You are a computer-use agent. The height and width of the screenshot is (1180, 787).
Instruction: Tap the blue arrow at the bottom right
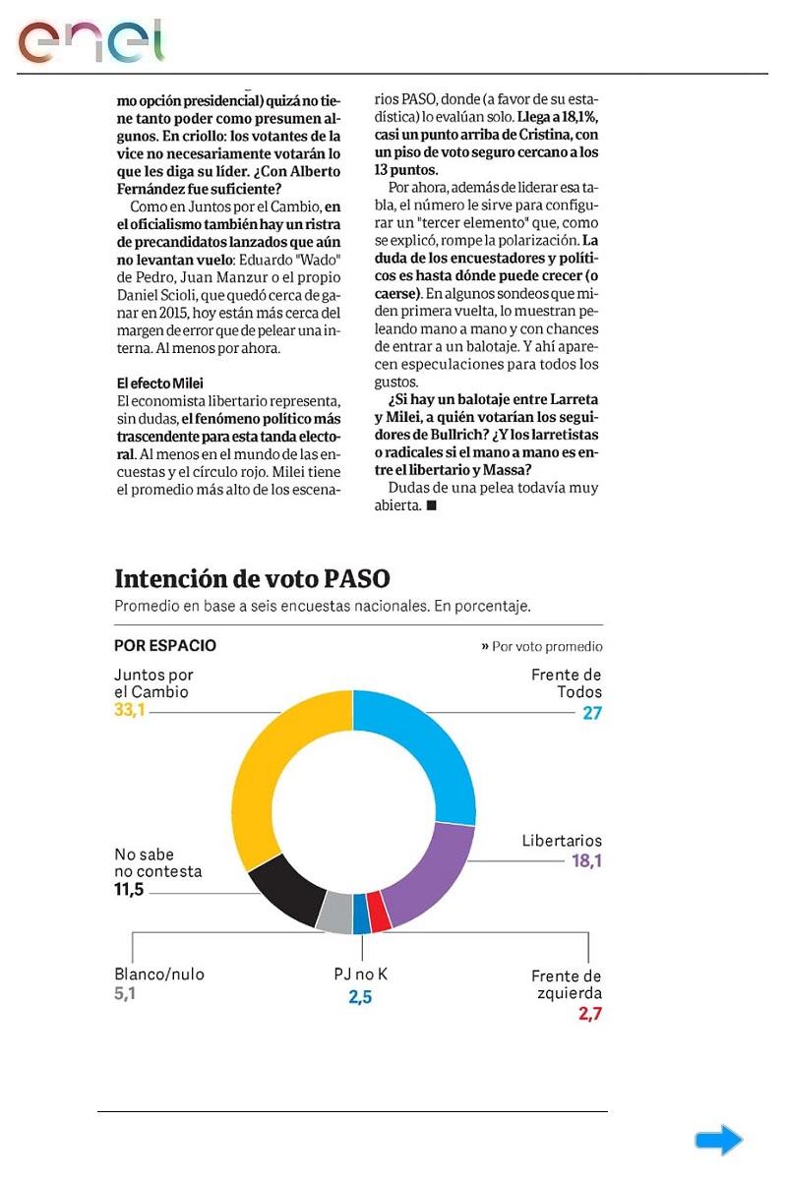[718, 1140]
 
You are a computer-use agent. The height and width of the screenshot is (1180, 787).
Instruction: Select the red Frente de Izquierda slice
[380, 914]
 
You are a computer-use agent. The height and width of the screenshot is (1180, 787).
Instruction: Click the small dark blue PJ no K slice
[361, 914]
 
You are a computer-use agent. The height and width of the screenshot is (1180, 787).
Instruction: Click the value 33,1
[130, 709]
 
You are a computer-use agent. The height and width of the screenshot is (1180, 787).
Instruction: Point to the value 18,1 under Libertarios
[586, 860]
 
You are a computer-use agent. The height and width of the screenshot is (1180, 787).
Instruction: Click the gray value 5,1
[126, 994]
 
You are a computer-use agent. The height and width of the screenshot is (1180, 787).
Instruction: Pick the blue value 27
[591, 713]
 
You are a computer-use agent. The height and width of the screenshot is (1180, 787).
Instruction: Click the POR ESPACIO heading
[165, 646]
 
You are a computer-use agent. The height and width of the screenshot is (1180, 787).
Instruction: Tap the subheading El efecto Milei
[159, 383]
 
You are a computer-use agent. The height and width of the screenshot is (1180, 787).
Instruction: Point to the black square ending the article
[431, 506]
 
